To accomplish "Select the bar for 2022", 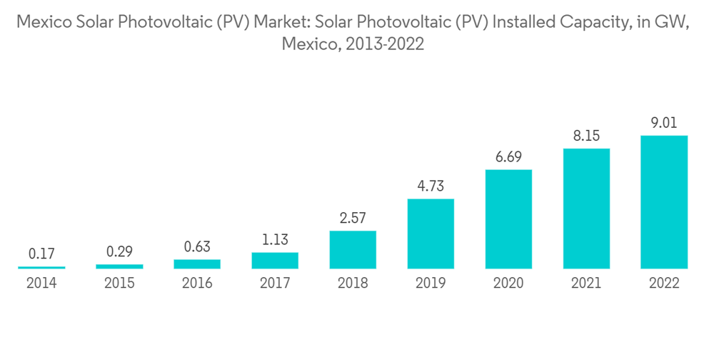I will point(664,202).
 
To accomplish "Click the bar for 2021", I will point(586,209).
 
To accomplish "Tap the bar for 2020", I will point(508,219).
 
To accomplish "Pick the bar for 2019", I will point(431,234).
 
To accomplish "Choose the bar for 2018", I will point(353,250).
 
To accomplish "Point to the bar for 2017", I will point(275,261).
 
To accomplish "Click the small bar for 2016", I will point(197,264).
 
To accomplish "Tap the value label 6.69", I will point(508,157).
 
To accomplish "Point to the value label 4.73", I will point(431,186).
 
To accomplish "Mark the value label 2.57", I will point(353,219).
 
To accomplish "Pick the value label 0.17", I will point(41,254).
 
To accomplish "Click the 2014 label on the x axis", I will point(41,284).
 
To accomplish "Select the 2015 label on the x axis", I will point(119,284).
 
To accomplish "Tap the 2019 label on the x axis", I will point(431,284).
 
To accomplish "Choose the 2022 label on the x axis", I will point(664,284).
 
